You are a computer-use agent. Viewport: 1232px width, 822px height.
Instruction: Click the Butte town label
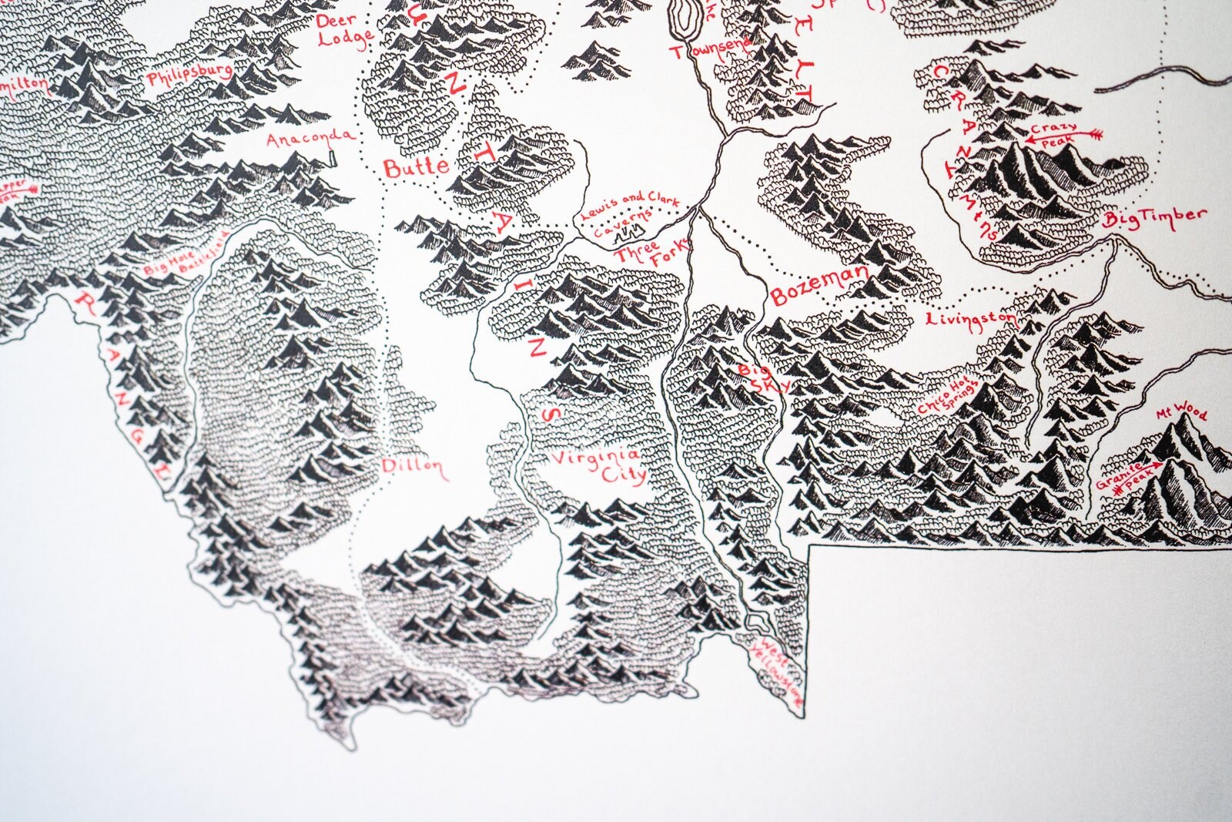click(x=415, y=167)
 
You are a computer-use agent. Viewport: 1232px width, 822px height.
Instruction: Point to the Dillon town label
click(x=413, y=467)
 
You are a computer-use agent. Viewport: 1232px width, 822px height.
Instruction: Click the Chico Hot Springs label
click(x=949, y=398)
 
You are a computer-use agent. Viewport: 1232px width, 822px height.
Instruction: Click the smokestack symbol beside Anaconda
click(x=333, y=157)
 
